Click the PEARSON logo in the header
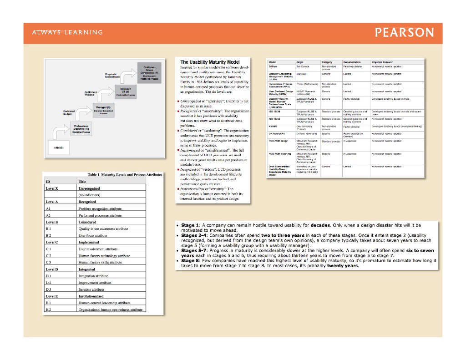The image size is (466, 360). point(405,33)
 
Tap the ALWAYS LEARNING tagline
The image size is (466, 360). point(67,32)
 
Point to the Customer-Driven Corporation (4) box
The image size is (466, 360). point(150,73)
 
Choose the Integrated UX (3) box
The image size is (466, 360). point(126,91)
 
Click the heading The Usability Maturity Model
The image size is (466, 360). point(210,62)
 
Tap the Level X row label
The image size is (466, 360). point(52,188)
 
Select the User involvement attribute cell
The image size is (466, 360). point(98,249)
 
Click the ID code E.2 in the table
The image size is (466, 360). point(48,309)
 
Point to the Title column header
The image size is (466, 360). point(82,181)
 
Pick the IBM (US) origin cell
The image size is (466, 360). point(301,73)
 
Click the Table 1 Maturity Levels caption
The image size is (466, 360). point(125,175)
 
